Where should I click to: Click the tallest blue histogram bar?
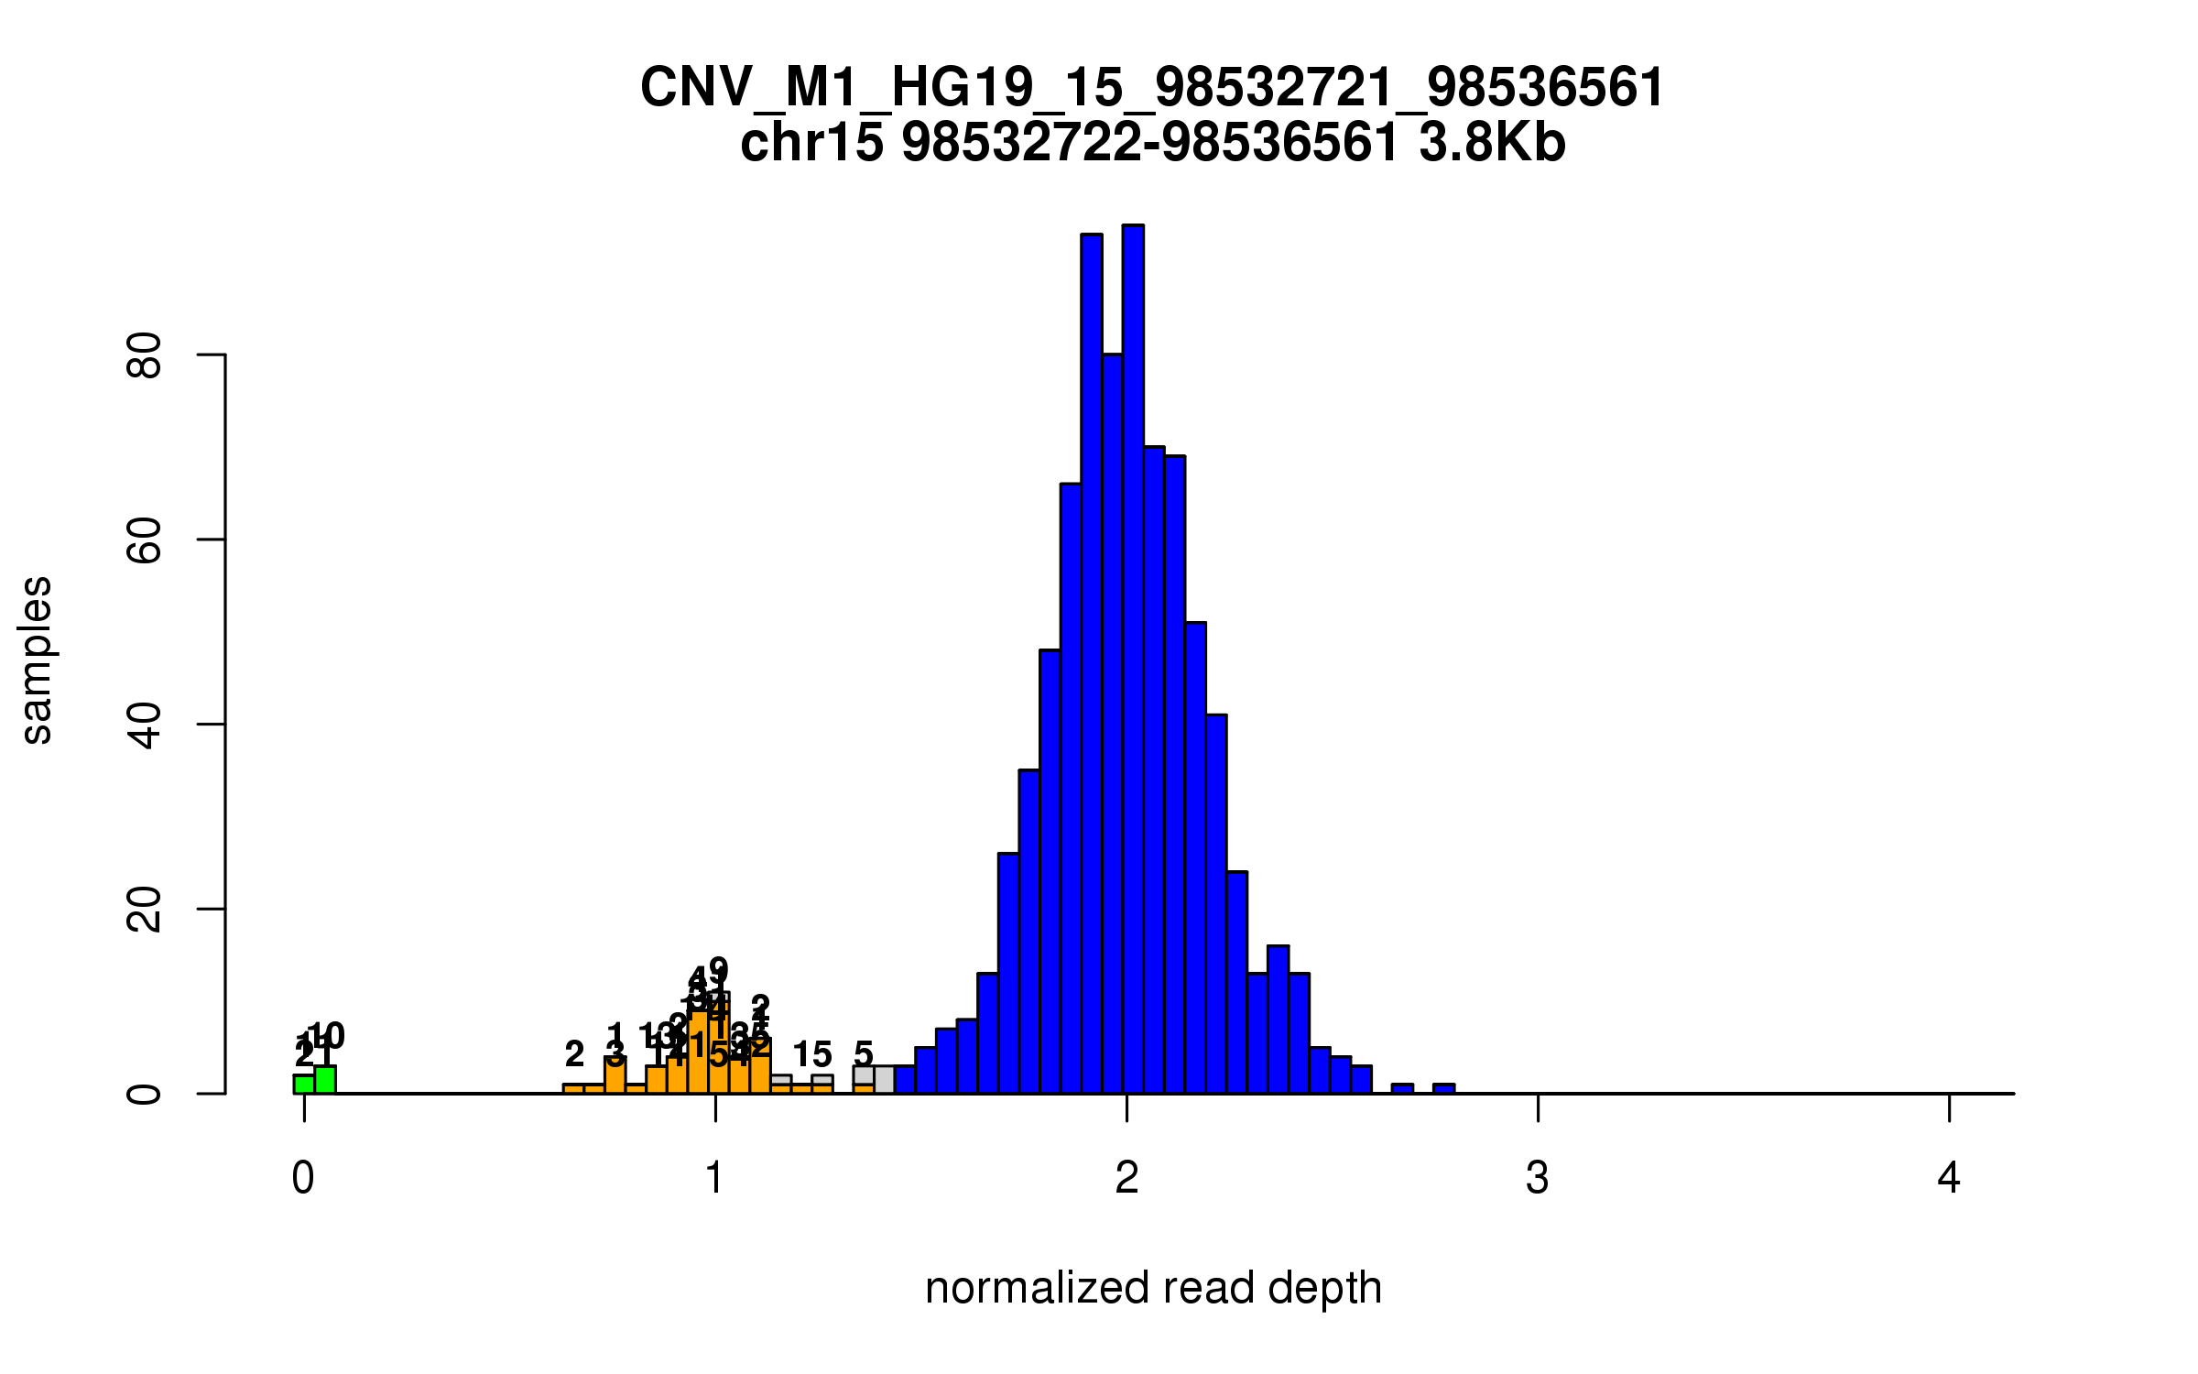pos(1133,660)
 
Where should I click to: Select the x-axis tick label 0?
pos(303,1178)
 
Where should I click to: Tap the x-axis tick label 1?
pos(715,1178)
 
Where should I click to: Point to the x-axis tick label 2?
pos(1126,1178)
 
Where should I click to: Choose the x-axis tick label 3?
pos(1538,1178)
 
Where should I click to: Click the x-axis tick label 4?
pos(1949,1178)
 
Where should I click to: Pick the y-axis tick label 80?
pos(145,355)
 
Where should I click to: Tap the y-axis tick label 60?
pos(145,540)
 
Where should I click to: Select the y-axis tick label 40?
pos(145,725)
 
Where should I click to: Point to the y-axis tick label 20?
pos(145,911)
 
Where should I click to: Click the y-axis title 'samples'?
pos(37,660)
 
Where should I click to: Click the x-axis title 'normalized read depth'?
pos(1153,1288)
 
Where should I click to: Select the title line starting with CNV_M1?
pos(1152,88)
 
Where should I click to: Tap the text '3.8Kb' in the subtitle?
pos(1492,143)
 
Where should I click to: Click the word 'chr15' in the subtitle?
pos(811,143)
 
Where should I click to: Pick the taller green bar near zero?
pos(325,1080)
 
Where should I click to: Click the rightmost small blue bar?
pos(1444,1089)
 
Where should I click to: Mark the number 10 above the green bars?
pos(327,1037)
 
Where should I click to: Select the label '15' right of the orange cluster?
pos(812,1054)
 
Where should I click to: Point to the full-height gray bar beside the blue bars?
pos(884,1080)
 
